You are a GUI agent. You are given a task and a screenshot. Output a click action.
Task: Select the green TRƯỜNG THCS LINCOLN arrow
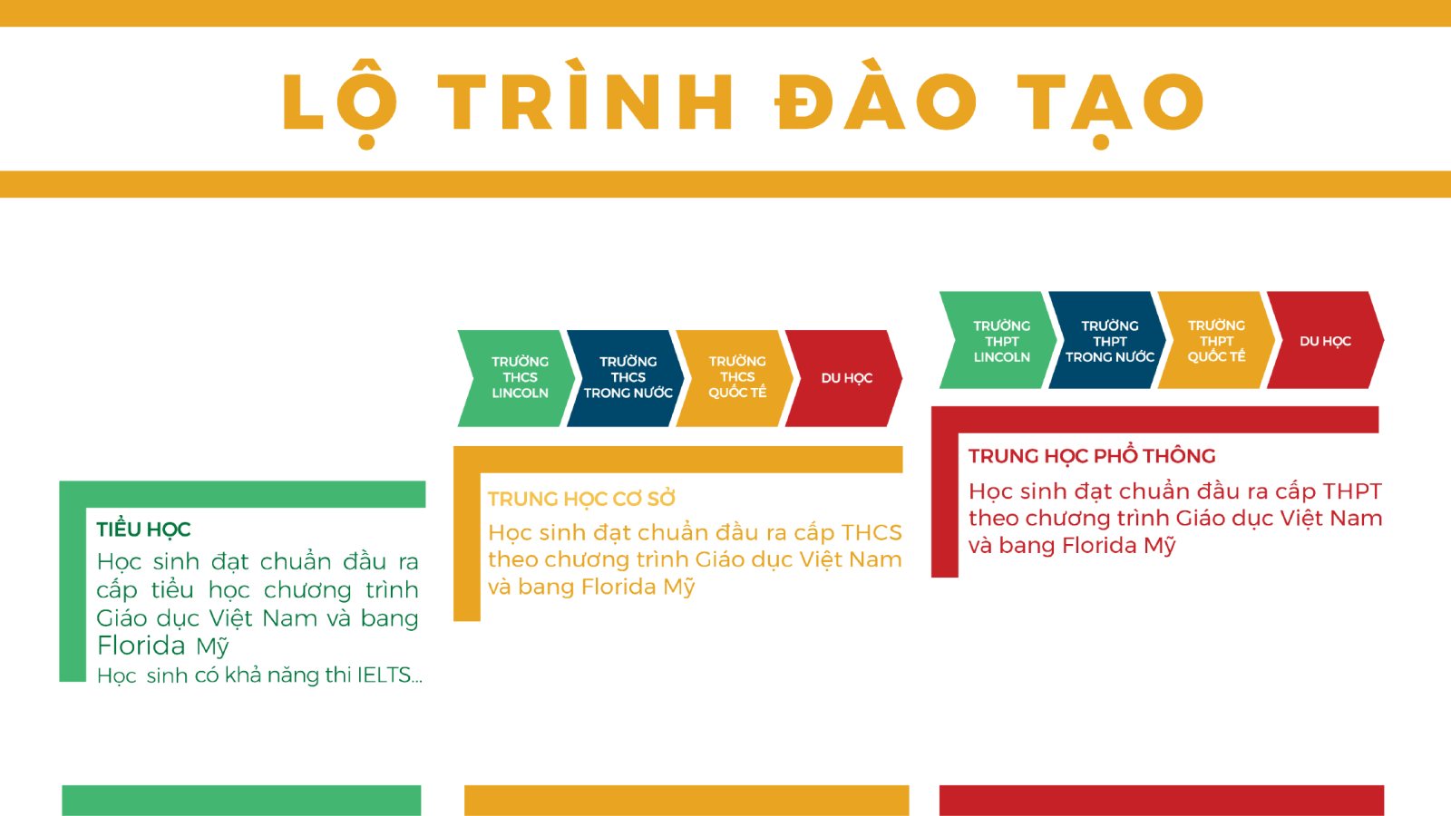click(x=516, y=378)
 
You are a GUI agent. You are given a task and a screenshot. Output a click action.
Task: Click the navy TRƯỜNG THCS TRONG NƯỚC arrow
click(x=625, y=378)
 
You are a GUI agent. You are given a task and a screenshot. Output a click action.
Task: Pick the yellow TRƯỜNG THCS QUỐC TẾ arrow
click(x=735, y=378)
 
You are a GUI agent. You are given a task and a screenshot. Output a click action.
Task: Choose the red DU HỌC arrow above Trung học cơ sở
click(x=844, y=378)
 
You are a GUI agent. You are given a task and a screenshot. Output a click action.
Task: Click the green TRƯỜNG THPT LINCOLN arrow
click(x=998, y=340)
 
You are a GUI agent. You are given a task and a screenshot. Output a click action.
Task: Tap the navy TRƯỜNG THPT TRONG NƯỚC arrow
click(x=1107, y=340)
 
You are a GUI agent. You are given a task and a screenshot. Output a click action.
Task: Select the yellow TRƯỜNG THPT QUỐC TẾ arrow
click(x=1216, y=340)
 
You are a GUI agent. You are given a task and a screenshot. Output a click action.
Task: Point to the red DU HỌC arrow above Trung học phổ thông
click(x=1325, y=340)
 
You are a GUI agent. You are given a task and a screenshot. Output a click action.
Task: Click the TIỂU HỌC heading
click(x=144, y=530)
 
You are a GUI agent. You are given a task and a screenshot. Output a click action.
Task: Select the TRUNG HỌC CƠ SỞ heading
click(x=581, y=500)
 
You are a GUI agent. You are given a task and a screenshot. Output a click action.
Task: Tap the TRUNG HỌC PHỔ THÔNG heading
click(x=1092, y=456)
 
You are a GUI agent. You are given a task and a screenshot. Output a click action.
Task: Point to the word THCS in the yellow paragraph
click(x=872, y=532)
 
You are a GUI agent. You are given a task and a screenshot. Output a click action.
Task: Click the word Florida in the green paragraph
click(x=141, y=646)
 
